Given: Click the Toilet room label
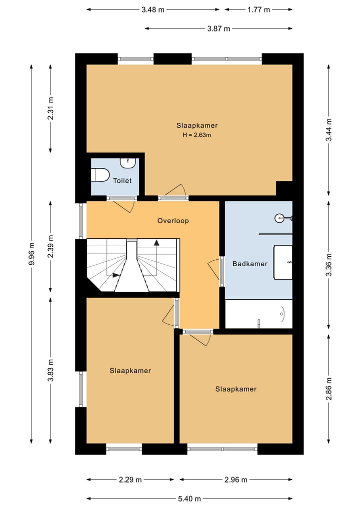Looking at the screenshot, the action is coord(122,180).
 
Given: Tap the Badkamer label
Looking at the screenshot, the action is coord(250,264).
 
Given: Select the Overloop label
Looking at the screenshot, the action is coord(173,221).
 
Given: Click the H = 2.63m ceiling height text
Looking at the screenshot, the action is coord(197,135).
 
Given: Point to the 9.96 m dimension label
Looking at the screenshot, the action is coord(31,254).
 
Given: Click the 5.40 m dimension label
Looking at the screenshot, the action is coord(189,499).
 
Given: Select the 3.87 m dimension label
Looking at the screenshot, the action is coord(218,28).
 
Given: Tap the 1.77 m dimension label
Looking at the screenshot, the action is coord(258,9).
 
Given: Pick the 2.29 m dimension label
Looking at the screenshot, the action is coord(130,480).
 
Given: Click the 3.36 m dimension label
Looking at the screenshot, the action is coord(328,265).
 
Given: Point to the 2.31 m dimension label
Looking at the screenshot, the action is coord(50,108).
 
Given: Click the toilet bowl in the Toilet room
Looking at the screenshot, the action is coord(100,175).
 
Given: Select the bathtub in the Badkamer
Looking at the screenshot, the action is coord(259,314).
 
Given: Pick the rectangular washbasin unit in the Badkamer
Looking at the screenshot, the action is coord(283,262).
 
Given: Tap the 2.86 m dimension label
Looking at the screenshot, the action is coord(328,389).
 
